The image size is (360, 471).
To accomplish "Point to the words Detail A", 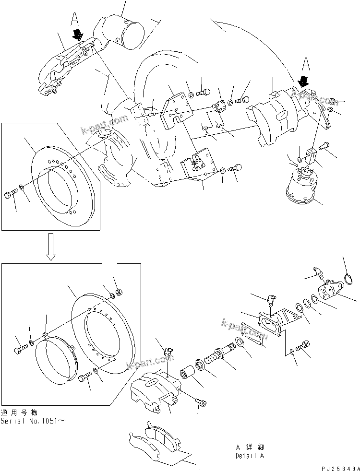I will pyautogui.click(x=249, y=456).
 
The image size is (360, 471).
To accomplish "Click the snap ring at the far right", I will pyautogui.click(x=352, y=279).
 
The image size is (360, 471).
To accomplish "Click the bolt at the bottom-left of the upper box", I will pyautogui.click(x=11, y=195).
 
